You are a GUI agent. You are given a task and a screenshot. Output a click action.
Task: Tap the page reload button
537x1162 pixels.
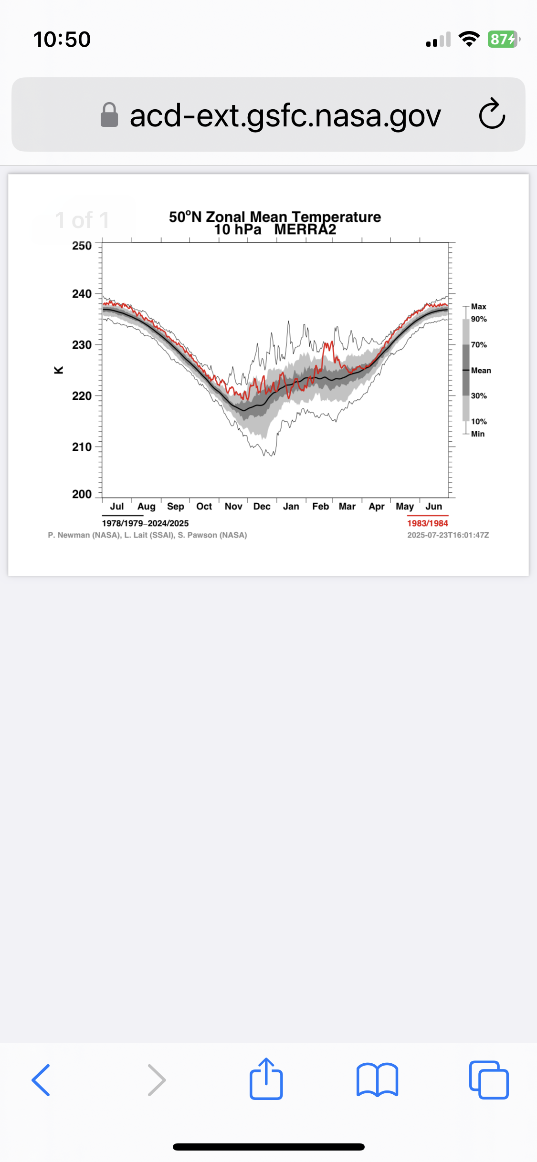[x=492, y=114]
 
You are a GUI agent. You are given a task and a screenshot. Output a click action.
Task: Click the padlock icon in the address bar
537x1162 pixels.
[x=109, y=115]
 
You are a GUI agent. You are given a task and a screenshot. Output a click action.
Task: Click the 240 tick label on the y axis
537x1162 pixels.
[x=82, y=294]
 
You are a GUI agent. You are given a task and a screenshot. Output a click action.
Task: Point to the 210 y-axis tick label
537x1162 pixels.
[x=82, y=447]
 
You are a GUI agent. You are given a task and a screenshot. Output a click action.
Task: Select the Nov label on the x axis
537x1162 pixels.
[x=233, y=507]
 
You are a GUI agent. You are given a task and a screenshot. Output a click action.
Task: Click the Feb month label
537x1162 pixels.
[x=320, y=507]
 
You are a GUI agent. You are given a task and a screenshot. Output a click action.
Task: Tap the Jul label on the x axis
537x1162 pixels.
[x=117, y=507]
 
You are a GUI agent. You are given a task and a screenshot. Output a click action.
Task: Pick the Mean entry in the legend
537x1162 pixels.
[x=481, y=371]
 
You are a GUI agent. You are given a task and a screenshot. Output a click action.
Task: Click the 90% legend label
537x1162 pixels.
[x=479, y=319]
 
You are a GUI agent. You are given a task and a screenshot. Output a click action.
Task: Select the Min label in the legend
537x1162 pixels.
[x=477, y=434]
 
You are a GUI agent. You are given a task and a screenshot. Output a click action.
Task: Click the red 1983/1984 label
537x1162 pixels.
[x=427, y=523]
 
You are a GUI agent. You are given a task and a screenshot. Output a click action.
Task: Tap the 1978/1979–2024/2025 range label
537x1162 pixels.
[x=145, y=523]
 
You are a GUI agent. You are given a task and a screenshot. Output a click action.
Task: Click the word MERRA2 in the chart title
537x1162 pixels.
[x=305, y=230]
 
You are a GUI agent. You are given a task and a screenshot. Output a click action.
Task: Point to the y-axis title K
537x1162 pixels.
[x=59, y=370]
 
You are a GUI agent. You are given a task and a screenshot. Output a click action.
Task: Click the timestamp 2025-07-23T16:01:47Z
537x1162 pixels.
[x=448, y=535]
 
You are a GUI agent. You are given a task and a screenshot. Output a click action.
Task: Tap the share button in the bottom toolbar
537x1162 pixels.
[x=266, y=1079]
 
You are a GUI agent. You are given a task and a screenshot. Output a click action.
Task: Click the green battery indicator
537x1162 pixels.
[x=502, y=39]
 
